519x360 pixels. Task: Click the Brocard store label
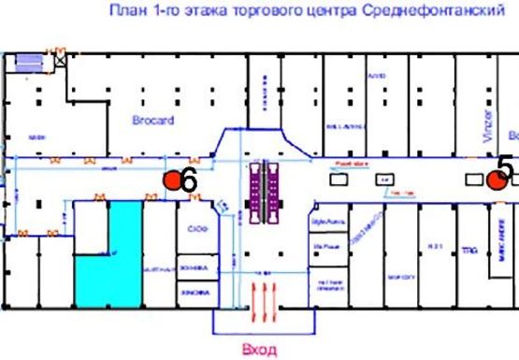pyautogui.click(x=153, y=122)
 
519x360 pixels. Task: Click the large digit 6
pyautogui.click(x=188, y=181)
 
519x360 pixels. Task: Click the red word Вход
pyautogui.click(x=259, y=351)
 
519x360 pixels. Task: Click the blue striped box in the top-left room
pyautogui.click(x=29, y=63)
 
